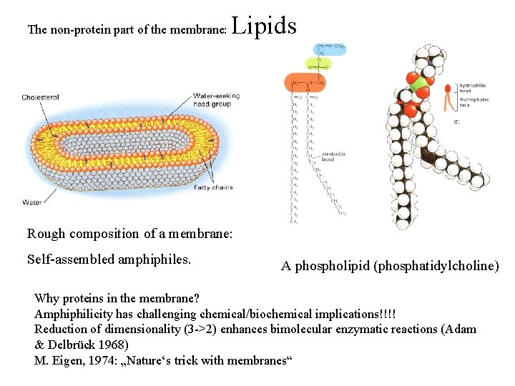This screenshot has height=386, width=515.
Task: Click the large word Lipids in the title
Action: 264,26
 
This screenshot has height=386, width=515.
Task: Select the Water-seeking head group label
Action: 216,100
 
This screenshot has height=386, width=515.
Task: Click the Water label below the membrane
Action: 31,202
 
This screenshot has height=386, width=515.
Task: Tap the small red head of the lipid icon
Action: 448,89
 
